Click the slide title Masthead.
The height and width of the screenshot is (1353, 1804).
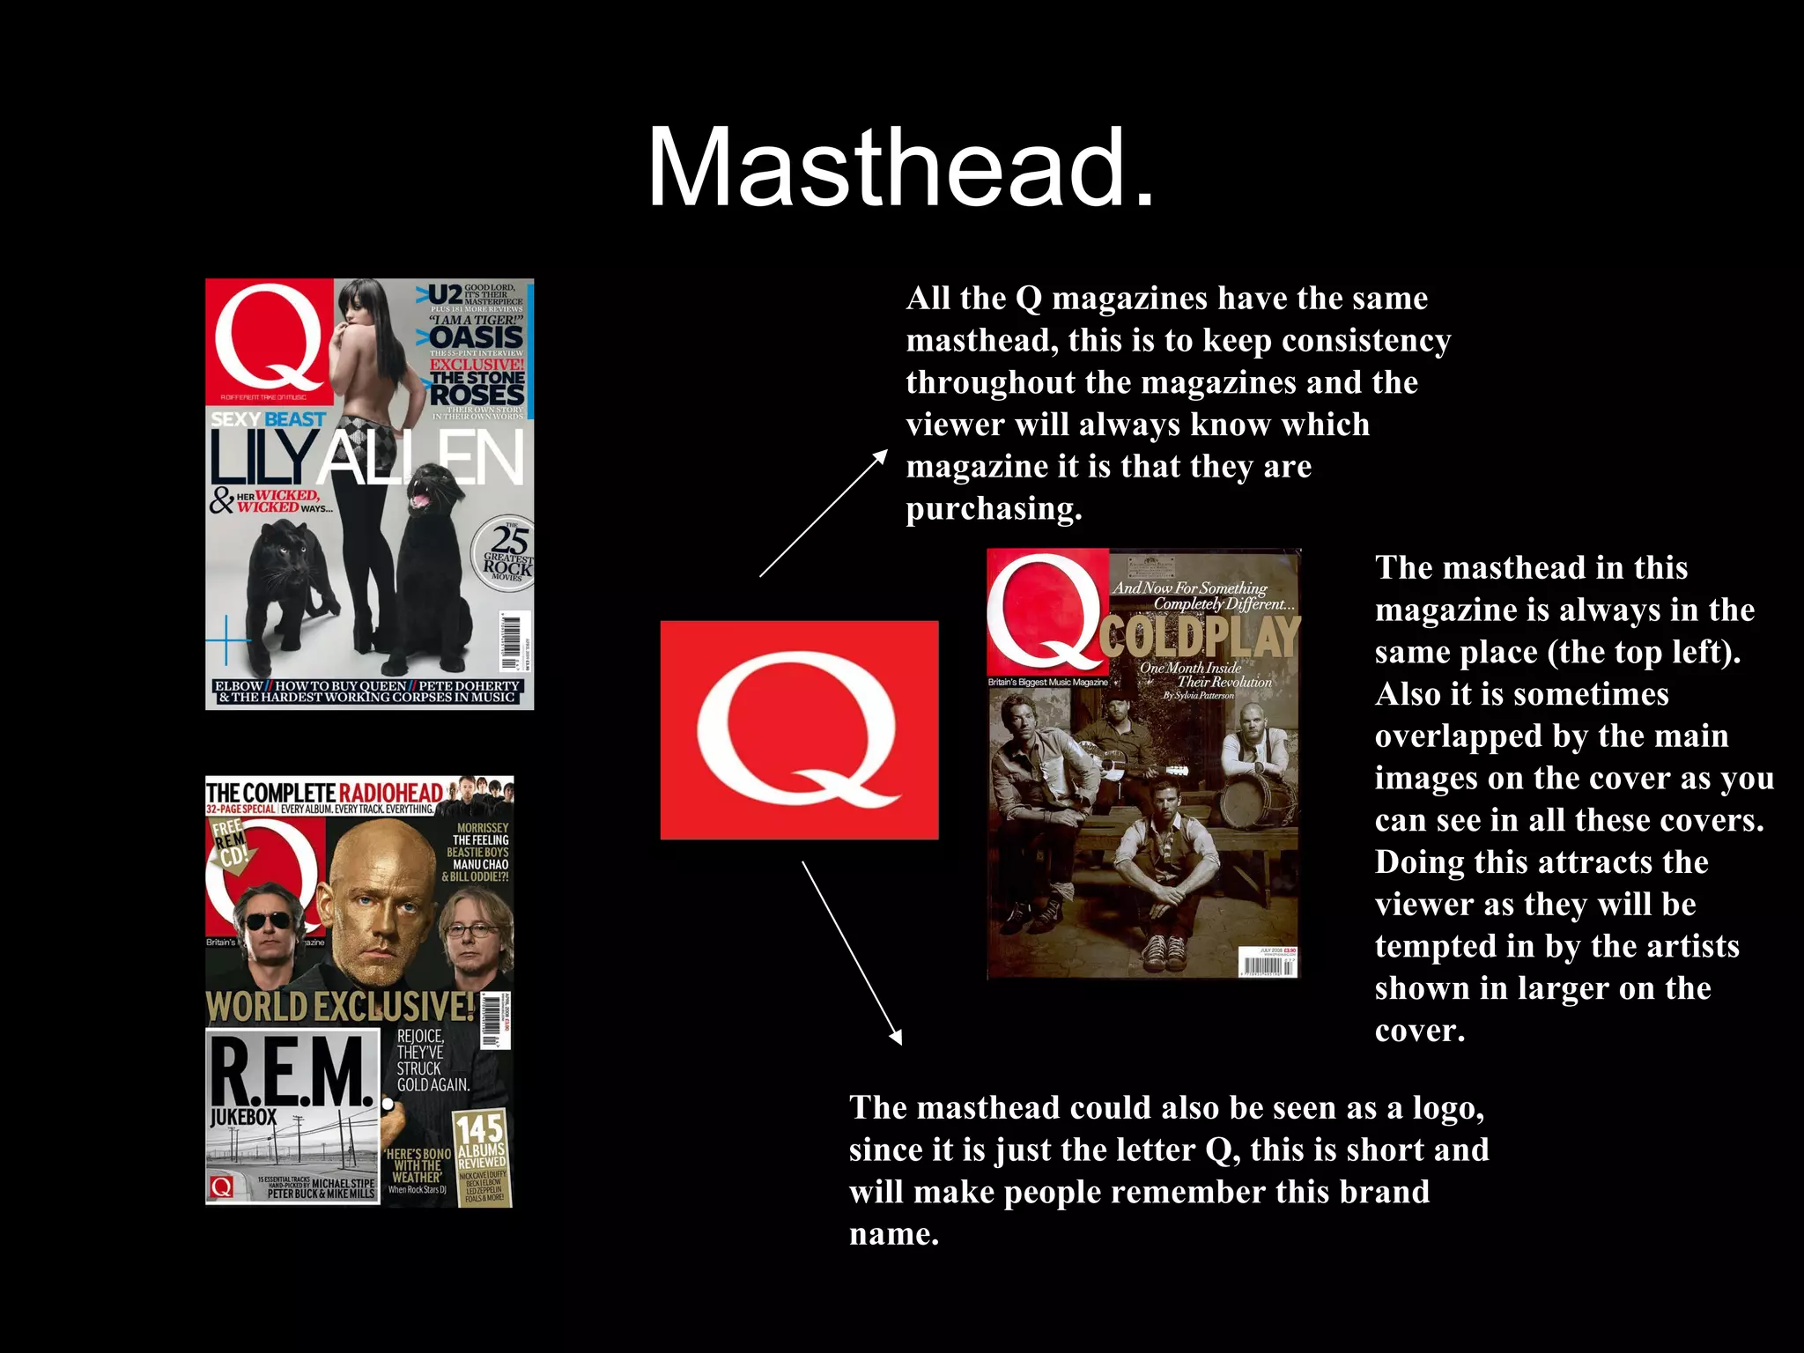pyautogui.click(x=900, y=167)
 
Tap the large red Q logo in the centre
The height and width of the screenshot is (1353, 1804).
pyautogui.click(x=799, y=729)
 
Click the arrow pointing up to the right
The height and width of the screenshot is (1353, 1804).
pyautogui.click(x=824, y=513)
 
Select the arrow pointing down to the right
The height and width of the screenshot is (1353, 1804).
pyautogui.click(x=851, y=952)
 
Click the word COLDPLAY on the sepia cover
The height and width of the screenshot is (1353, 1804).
pyautogui.click(x=1200, y=637)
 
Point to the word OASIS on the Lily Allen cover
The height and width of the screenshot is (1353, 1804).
pyautogui.click(x=477, y=337)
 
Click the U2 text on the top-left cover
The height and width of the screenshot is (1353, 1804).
pyautogui.click(x=446, y=293)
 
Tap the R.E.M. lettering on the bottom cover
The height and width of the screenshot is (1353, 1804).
pyautogui.click(x=291, y=1071)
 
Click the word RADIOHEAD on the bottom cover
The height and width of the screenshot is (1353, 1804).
pyautogui.click(x=391, y=792)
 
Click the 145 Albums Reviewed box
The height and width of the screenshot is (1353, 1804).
pyautogui.click(x=481, y=1142)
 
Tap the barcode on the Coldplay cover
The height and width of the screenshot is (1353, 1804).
pyautogui.click(x=1268, y=962)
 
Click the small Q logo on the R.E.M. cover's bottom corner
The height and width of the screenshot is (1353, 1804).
pyautogui.click(x=221, y=1187)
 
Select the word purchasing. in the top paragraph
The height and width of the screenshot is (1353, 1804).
pyautogui.click(x=994, y=508)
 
